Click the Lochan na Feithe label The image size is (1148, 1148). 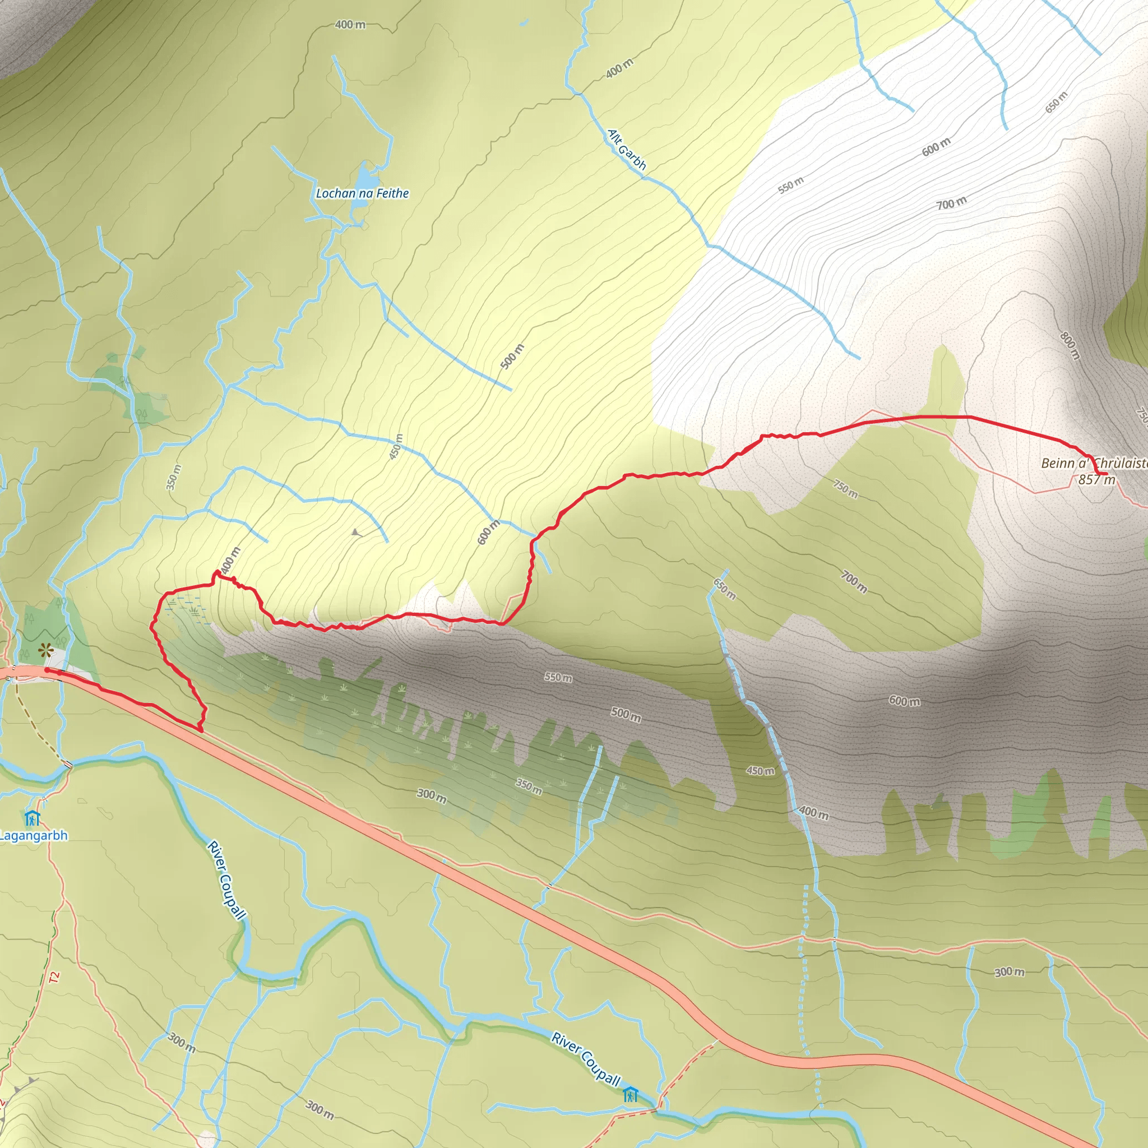pos(362,193)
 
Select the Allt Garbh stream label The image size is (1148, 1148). pos(626,150)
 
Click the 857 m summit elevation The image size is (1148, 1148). pos(1096,479)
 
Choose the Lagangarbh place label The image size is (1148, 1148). pos(34,835)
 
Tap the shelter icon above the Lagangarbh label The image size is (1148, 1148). pos(32,818)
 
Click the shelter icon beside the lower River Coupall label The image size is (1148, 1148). pos(631,1095)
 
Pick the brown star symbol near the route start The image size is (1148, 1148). pos(44,651)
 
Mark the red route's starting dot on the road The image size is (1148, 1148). pos(47,670)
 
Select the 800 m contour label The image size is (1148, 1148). pos(1070,346)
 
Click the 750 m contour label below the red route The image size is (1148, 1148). pos(845,489)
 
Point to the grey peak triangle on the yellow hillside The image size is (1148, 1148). pos(355,533)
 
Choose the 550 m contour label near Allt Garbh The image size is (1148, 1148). pos(791,186)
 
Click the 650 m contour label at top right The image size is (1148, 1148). pos(1057,102)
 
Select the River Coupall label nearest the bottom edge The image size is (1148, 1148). pos(586,1059)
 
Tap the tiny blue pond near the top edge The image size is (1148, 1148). pos(524,23)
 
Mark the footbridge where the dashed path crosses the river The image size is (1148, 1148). pos(68,764)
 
